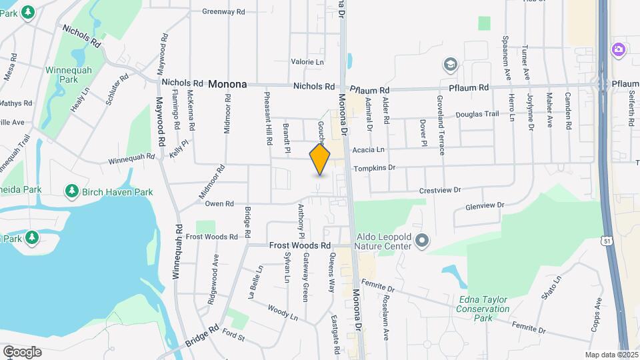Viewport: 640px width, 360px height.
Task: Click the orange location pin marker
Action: click(320, 160)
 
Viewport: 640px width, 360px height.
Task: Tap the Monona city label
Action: click(227, 85)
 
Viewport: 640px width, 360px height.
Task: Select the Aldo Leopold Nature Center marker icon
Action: click(421, 239)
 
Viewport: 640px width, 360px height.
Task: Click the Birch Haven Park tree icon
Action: click(71, 191)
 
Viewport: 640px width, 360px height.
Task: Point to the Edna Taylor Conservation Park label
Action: click(483, 308)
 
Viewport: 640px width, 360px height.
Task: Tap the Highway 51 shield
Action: click(606, 239)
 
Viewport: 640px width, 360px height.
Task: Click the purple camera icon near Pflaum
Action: click(619, 49)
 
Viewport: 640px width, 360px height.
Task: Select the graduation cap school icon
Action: click(451, 65)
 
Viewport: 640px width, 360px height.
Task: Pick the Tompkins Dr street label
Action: click(374, 168)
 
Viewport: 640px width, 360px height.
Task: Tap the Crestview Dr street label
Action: click(440, 190)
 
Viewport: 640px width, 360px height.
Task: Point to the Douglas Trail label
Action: click(477, 114)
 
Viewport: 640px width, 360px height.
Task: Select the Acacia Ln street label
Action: click(369, 149)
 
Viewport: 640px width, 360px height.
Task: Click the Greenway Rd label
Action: click(224, 11)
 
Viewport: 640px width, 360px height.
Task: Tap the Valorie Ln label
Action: click(307, 62)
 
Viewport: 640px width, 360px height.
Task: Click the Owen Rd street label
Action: click(219, 203)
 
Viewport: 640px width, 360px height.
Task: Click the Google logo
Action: click(22, 351)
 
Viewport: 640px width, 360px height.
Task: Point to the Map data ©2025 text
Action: click(611, 355)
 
